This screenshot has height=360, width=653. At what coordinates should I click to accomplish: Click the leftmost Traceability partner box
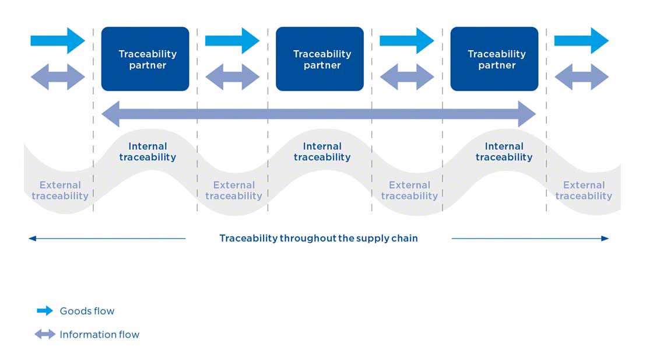pyautogui.click(x=145, y=59)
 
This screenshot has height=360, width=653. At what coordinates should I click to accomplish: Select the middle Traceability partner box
pyautogui.click(x=320, y=59)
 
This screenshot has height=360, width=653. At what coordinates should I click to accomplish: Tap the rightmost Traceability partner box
pyautogui.click(x=494, y=59)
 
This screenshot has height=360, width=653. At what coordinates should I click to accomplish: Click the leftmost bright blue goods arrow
pyautogui.click(x=58, y=40)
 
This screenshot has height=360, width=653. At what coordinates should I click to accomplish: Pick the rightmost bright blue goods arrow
pyautogui.click(x=581, y=40)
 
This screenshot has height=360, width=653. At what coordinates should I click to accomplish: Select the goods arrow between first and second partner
pyautogui.click(x=232, y=40)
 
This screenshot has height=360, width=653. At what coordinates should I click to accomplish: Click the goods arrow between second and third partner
pyautogui.click(x=407, y=40)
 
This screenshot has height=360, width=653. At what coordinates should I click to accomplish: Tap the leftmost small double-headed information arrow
pyautogui.click(x=58, y=77)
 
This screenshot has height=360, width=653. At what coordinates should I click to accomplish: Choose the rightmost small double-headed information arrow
pyautogui.click(x=581, y=77)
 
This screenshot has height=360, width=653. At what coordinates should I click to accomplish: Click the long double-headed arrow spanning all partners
pyautogui.click(x=318, y=114)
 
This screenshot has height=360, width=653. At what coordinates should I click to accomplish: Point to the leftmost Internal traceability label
pyautogui.click(x=148, y=152)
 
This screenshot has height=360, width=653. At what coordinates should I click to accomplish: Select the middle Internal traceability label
pyautogui.click(x=322, y=152)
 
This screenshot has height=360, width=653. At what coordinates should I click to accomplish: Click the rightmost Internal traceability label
pyautogui.click(x=504, y=152)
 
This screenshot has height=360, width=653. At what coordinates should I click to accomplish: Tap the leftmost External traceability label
pyautogui.click(x=60, y=191)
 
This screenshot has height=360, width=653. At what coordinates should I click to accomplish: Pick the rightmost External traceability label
pyautogui.click(x=584, y=191)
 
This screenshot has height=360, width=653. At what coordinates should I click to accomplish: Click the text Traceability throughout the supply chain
pyautogui.click(x=318, y=238)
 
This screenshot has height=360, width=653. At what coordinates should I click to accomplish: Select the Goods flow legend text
pyautogui.click(x=87, y=311)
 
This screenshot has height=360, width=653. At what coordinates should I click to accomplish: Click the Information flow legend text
pyautogui.click(x=99, y=334)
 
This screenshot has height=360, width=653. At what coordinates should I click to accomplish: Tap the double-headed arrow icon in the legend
pyautogui.click(x=45, y=334)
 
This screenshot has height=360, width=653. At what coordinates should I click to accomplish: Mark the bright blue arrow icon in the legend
pyautogui.click(x=45, y=311)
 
